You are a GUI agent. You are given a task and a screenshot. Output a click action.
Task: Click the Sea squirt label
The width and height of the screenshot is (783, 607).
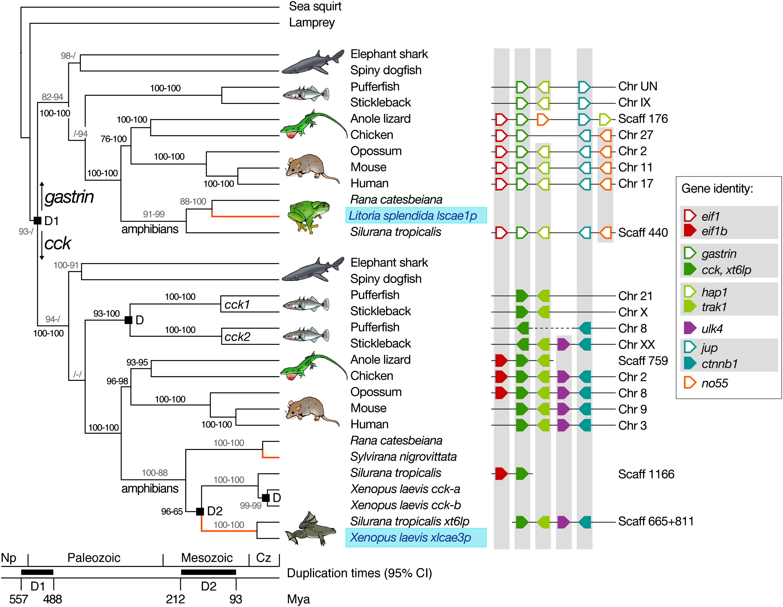click(x=315, y=7)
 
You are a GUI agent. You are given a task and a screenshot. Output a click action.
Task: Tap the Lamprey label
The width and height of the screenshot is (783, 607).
click(x=311, y=22)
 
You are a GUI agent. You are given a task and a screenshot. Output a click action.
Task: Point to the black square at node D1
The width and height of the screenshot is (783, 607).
click(x=37, y=220)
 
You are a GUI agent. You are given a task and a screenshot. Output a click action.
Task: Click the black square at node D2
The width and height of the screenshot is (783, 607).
click(x=200, y=511)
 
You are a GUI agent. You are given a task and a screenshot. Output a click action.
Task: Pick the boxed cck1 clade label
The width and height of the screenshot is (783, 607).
click(x=237, y=304)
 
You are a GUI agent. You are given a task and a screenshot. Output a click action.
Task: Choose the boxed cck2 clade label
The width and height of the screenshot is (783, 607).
click(x=237, y=336)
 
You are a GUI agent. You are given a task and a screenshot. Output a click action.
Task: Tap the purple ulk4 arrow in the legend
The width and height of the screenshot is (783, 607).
click(x=689, y=328)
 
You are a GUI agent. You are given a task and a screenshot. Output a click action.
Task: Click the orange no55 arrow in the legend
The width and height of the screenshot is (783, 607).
click(x=689, y=383)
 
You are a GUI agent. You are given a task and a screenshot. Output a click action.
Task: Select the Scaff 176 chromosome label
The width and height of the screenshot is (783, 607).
click(x=643, y=119)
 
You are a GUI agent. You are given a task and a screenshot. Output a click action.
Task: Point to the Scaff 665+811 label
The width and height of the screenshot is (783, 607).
click(x=656, y=521)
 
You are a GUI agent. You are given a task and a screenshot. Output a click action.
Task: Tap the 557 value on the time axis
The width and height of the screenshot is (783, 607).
click(x=18, y=599)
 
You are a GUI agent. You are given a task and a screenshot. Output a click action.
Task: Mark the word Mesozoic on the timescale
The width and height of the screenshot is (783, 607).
click(x=207, y=558)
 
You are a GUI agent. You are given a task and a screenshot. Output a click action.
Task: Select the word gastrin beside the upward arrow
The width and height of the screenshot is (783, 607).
click(x=69, y=197)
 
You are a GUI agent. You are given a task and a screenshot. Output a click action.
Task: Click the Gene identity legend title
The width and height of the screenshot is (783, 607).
click(x=717, y=188)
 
